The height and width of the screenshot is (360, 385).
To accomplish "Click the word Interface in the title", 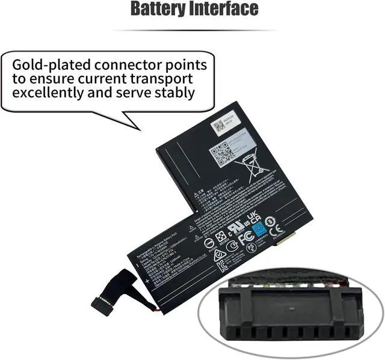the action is tap(223, 10).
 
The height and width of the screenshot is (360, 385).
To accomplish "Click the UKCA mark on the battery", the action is tap(253, 217).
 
